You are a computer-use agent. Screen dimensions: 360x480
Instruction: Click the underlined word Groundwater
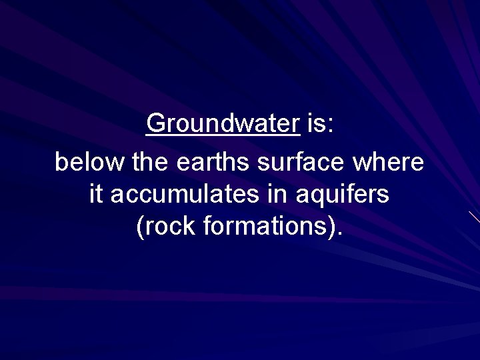pyautogui.click(x=223, y=123)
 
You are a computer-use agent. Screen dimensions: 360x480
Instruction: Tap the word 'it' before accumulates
pyautogui.click(x=95, y=195)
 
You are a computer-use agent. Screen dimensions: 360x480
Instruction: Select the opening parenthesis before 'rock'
pyautogui.click(x=140, y=228)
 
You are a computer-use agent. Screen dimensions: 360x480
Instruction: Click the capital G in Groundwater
pyautogui.click(x=155, y=123)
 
